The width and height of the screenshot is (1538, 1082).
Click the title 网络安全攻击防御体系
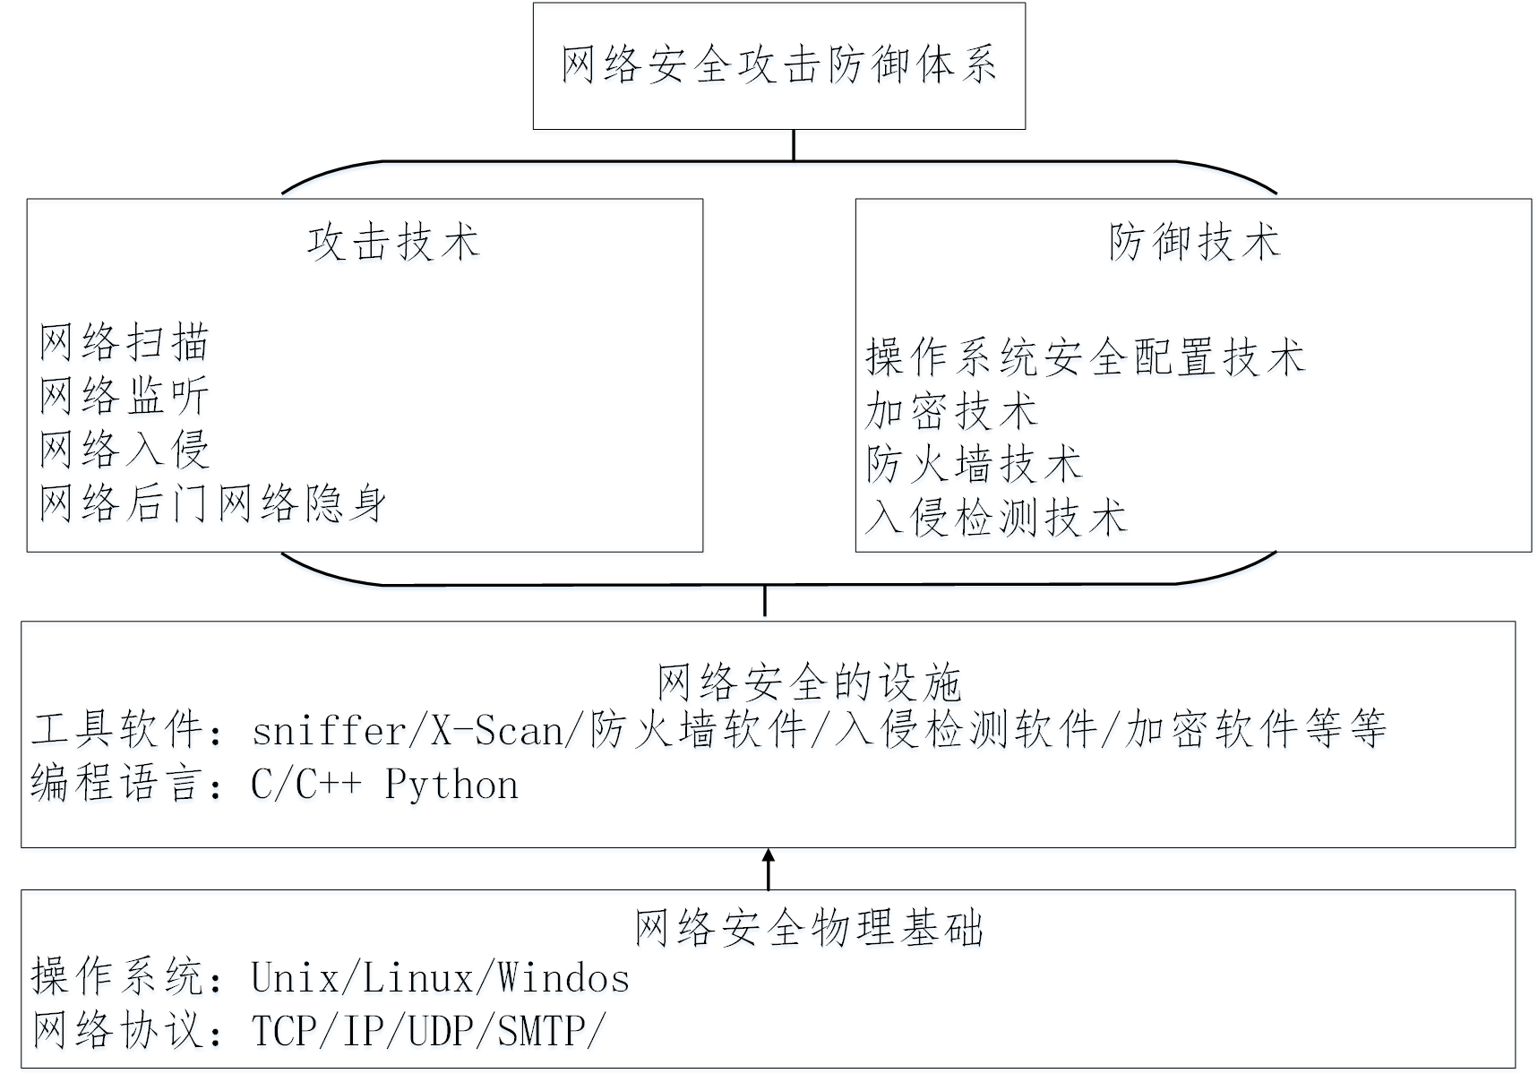[778, 65]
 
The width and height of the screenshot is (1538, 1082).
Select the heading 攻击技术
[393, 243]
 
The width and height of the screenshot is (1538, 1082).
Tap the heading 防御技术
[1194, 242]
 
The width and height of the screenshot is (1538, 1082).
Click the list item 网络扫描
[125, 343]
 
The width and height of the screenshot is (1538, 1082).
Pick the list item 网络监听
[125, 396]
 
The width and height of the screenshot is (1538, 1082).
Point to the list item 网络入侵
[125, 450]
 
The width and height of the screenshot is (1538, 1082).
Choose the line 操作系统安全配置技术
[1085, 357]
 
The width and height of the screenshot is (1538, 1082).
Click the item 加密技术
[951, 412]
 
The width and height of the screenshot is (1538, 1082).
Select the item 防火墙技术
[974, 465]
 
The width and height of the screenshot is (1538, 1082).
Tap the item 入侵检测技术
[996, 519]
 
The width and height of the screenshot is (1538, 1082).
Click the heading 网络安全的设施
[809, 683]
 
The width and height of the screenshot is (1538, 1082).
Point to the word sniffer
[330, 732]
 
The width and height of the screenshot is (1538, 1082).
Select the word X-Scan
[497, 732]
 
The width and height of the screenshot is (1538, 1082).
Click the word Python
[451, 786]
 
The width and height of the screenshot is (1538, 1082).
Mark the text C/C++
[306, 786]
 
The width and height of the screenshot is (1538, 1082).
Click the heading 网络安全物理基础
[809, 928]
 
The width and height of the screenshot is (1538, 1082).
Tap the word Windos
[564, 978]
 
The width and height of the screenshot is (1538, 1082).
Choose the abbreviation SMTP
[541, 1031]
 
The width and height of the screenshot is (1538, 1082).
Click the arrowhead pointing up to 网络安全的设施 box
[768, 857]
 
